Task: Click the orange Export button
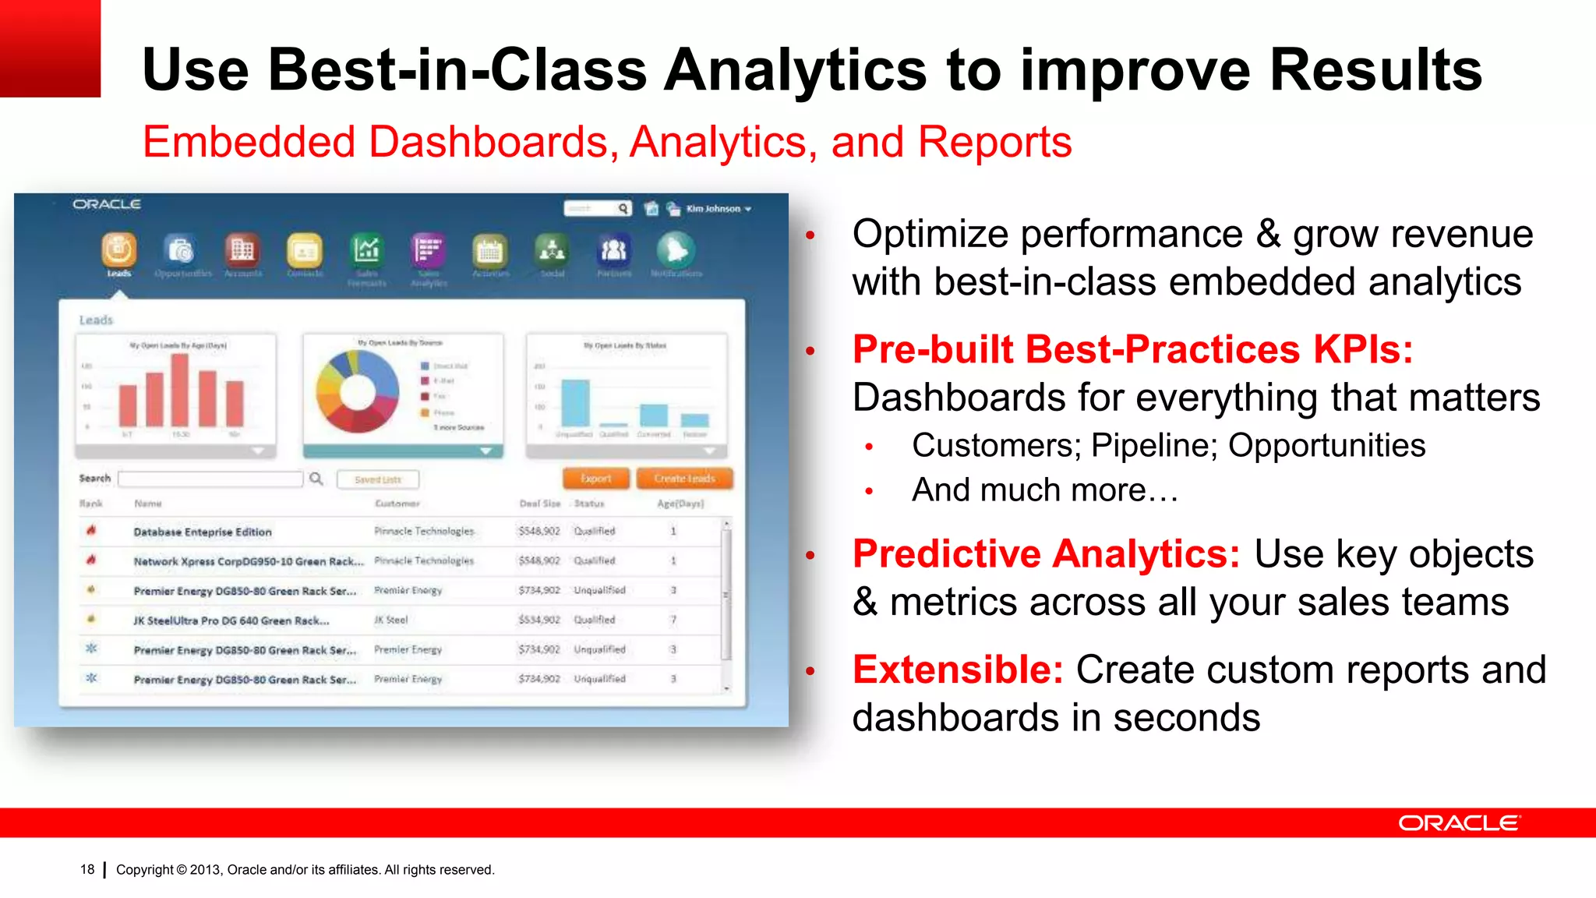pyautogui.click(x=596, y=479)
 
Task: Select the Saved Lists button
pyautogui.click(x=378, y=479)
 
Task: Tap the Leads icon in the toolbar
pyautogui.click(x=118, y=251)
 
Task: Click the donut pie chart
pyautogui.click(x=357, y=391)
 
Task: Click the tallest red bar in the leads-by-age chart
pyautogui.click(x=180, y=390)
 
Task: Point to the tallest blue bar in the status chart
pyautogui.click(x=575, y=403)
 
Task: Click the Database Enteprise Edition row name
pyautogui.click(x=203, y=532)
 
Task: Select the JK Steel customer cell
pyautogui.click(x=391, y=620)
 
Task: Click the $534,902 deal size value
pyautogui.click(x=539, y=620)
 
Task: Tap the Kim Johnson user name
pyautogui.click(x=713, y=209)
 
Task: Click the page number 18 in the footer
pyautogui.click(x=87, y=869)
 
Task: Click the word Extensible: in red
pyautogui.click(x=958, y=670)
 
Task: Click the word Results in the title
pyautogui.click(x=1375, y=70)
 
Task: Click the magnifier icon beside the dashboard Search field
pyautogui.click(x=316, y=479)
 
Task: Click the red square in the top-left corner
pyautogui.click(x=50, y=48)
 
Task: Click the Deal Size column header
pyautogui.click(x=540, y=504)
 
